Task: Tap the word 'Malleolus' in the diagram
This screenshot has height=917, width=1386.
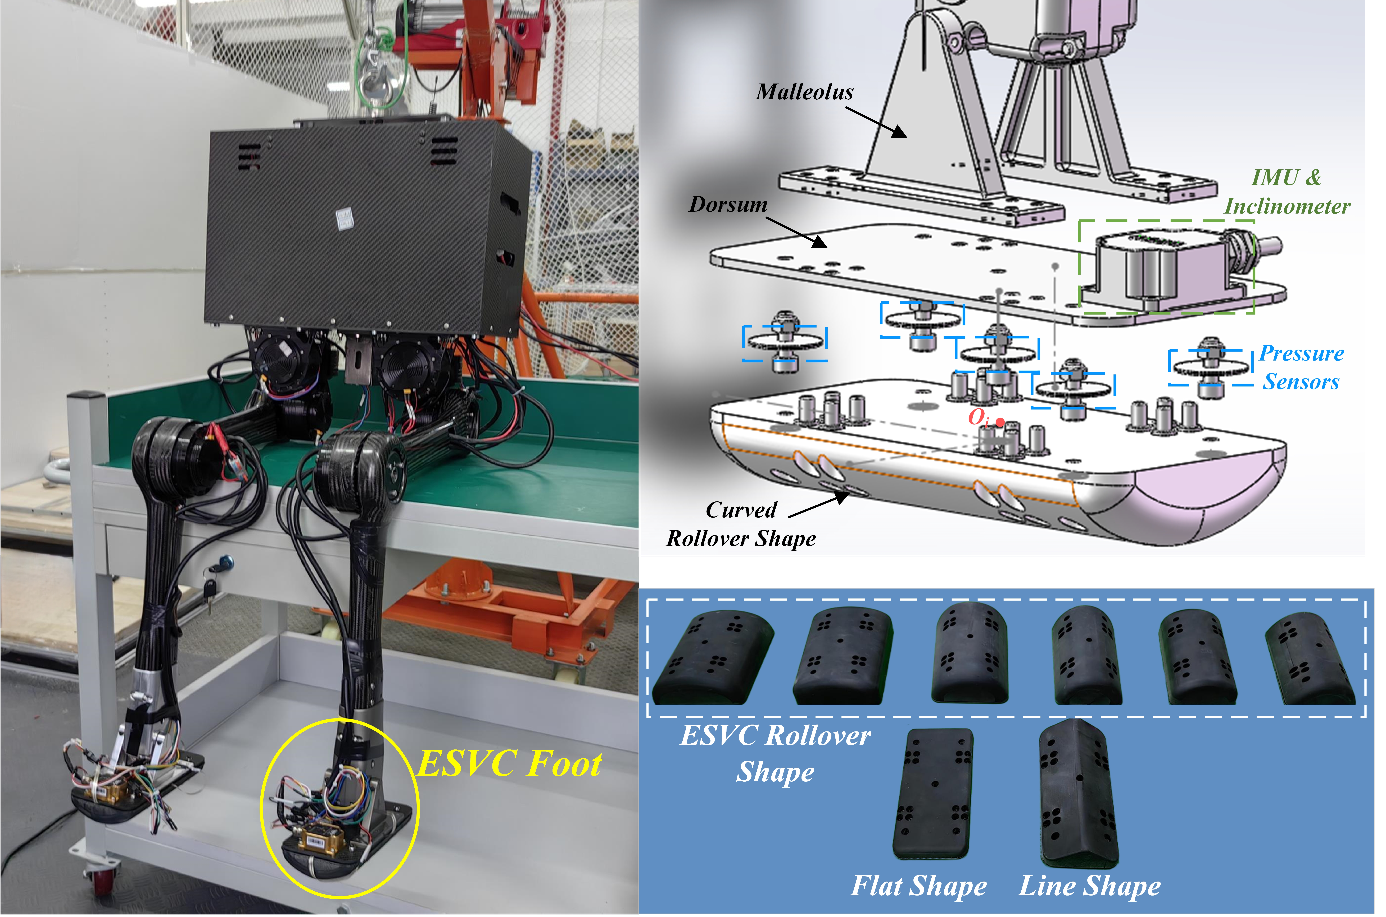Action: pyautogui.click(x=804, y=92)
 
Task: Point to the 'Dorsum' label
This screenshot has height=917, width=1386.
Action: pyautogui.click(x=728, y=204)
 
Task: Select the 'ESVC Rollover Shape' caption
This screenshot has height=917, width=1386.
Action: pyautogui.click(x=775, y=753)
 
